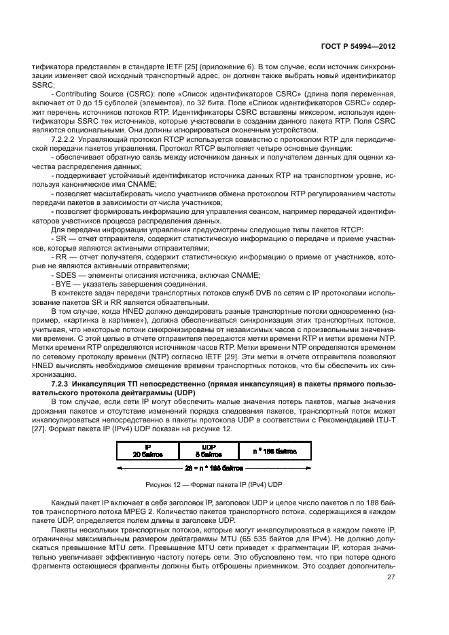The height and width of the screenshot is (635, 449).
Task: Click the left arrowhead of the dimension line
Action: (x=120, y=468)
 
